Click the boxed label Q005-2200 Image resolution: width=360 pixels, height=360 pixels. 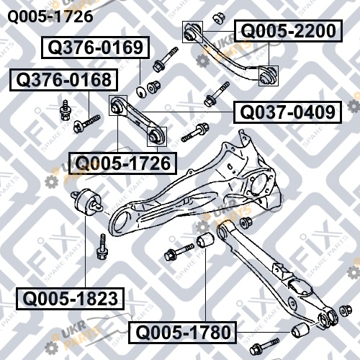point(288,31)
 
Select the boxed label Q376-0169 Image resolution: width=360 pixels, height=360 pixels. point(96,48)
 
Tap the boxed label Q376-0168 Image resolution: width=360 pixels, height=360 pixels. point(64,80)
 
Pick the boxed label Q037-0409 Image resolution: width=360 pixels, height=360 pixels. point(287,112)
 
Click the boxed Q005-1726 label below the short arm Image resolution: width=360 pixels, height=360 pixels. point(122,163)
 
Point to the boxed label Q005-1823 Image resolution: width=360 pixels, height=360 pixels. point(70,299)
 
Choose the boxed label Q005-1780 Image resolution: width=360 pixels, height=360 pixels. point(182,333)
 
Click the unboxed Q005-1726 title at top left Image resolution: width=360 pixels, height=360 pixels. point(50,17)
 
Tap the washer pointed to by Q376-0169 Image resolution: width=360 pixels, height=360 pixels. point(141,92)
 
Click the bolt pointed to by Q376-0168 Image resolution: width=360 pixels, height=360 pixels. point(86,123)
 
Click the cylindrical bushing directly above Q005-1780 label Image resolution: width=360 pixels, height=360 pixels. point(205,240)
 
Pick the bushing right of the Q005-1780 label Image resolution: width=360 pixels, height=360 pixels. point(300,330)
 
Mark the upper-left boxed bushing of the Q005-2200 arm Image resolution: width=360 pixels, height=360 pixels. point(192,32)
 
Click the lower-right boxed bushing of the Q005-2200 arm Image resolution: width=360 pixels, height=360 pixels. point(269,76)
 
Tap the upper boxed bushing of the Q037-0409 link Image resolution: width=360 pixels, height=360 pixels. point(118,105)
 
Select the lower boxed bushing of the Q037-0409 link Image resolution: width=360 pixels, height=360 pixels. point(157,136)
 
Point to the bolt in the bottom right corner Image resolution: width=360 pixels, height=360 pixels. point(264,346)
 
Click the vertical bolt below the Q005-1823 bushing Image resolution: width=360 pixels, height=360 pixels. point(102,246)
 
